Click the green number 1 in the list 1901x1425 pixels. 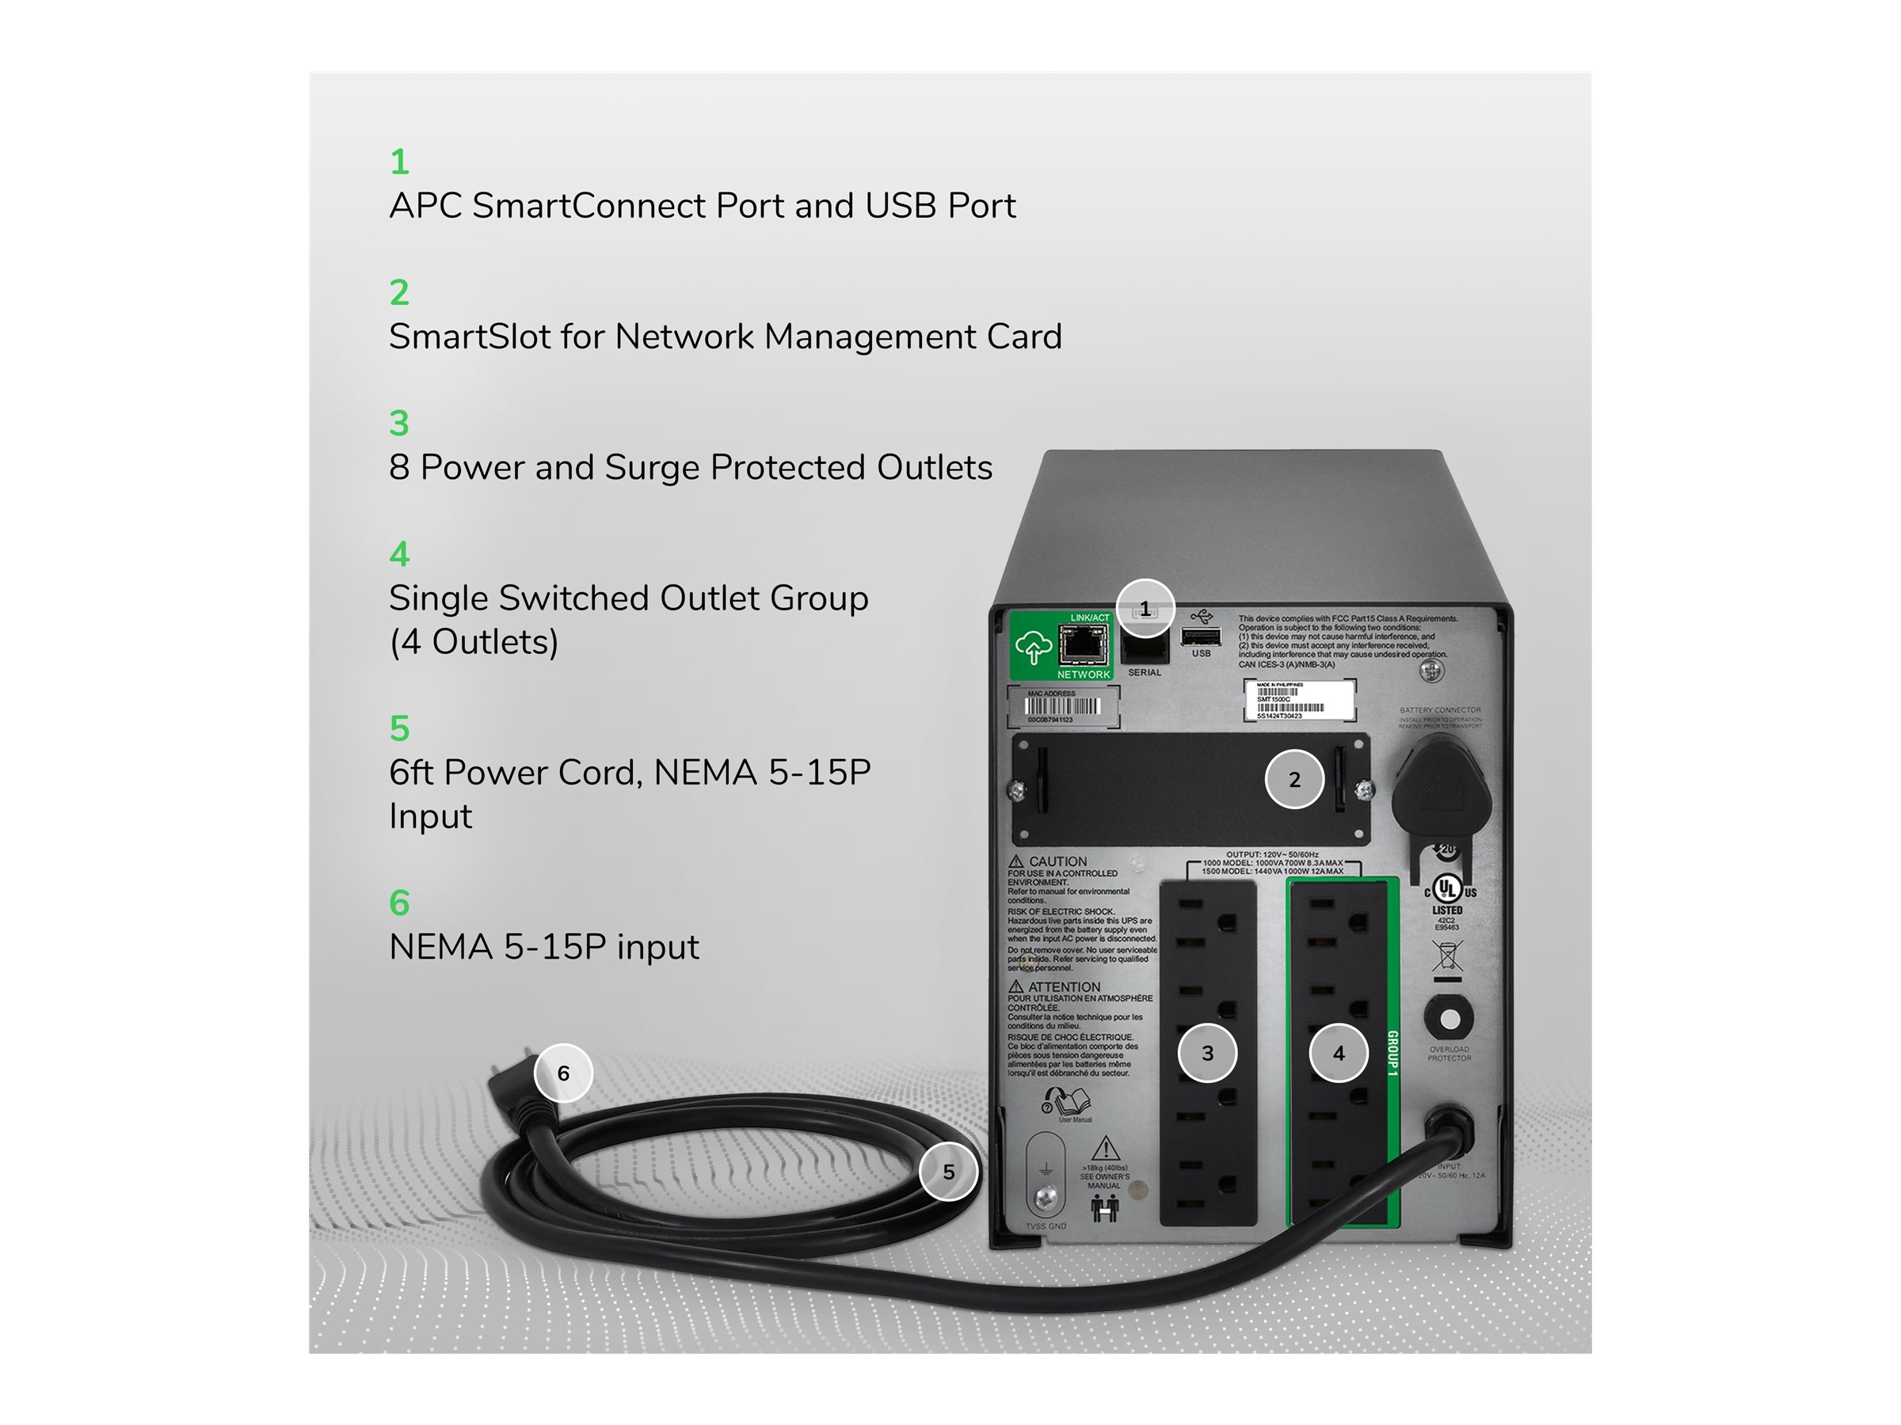coord(398,161)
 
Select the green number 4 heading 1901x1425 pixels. coord(398,554)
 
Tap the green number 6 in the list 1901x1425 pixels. coord(398,902)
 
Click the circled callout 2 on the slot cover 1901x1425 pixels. coord(1294,779)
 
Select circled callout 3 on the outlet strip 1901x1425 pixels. coord(1206,1053)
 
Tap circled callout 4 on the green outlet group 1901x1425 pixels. coord(1338,1053)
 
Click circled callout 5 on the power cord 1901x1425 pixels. coord(948,1172)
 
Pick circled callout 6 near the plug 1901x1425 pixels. coord(563,1073)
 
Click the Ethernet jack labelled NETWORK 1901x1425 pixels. coord(1082,644)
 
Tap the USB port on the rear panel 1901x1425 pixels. coord(1201,636)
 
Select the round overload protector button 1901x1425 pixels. coord(1449,1019)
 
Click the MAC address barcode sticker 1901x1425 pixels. coord(1062,707)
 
